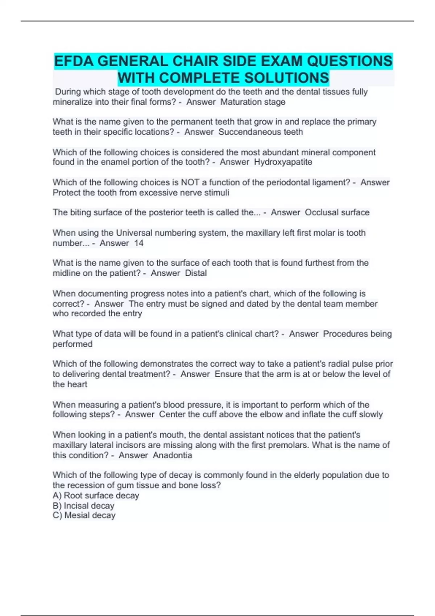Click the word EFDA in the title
74,61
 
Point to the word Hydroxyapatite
283,162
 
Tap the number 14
139,243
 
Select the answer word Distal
196,273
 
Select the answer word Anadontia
172,455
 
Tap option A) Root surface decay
96,495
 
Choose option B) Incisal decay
84,505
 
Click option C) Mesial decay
84,515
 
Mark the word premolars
290,445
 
